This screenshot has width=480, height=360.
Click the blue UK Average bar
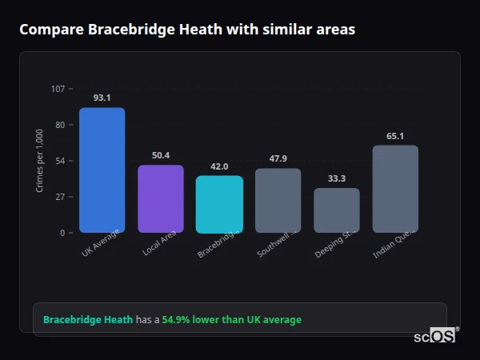point(102,170)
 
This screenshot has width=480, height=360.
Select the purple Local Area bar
point(161,198)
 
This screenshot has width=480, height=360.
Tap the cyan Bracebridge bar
point(219,204)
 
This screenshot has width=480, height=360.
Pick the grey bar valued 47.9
point(278,200)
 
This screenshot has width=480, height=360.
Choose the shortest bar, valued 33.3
point(337,210)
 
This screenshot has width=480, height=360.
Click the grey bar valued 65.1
point(395,189)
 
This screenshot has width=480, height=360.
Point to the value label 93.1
point(102,98)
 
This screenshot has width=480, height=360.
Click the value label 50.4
point(161,155)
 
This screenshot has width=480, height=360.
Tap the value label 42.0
point(219,166)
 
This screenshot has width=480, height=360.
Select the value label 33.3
point(337,178)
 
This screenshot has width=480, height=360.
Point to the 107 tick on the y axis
point(58,89)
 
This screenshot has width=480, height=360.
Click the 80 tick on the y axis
point(60,125)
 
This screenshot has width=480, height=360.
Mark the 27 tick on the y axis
point(60,197)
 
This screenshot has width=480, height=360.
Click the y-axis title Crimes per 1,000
point(40,161)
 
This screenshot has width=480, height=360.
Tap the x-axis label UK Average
point(101,244)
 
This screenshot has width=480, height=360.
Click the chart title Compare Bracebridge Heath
point(187,30)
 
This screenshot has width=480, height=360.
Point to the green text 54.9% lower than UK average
point(232,320)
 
